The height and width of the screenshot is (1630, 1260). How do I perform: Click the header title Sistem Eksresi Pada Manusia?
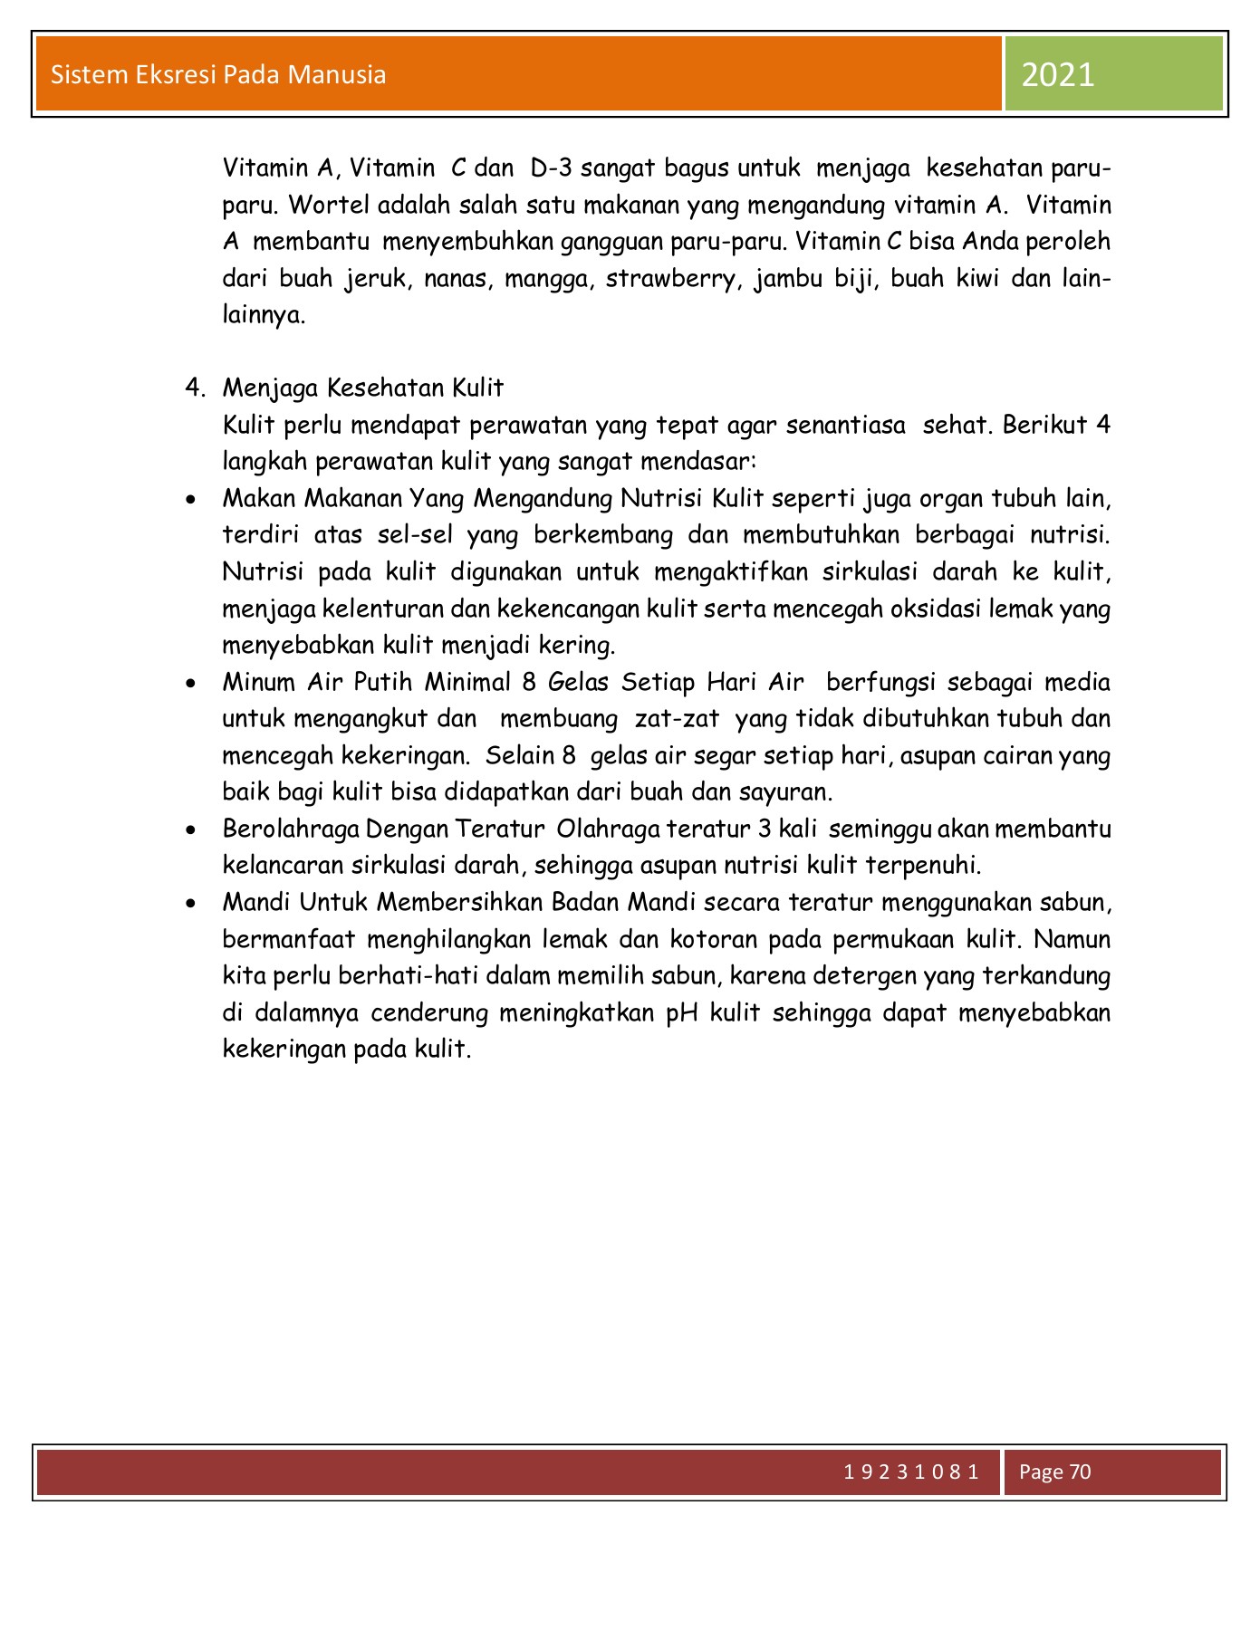tap(218, 74)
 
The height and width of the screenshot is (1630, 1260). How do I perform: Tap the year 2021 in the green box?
tap(1057, 74)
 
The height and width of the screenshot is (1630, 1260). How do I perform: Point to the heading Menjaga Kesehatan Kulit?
tap(362, 388)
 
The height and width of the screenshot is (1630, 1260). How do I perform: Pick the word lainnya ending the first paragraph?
tap(264, 316)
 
